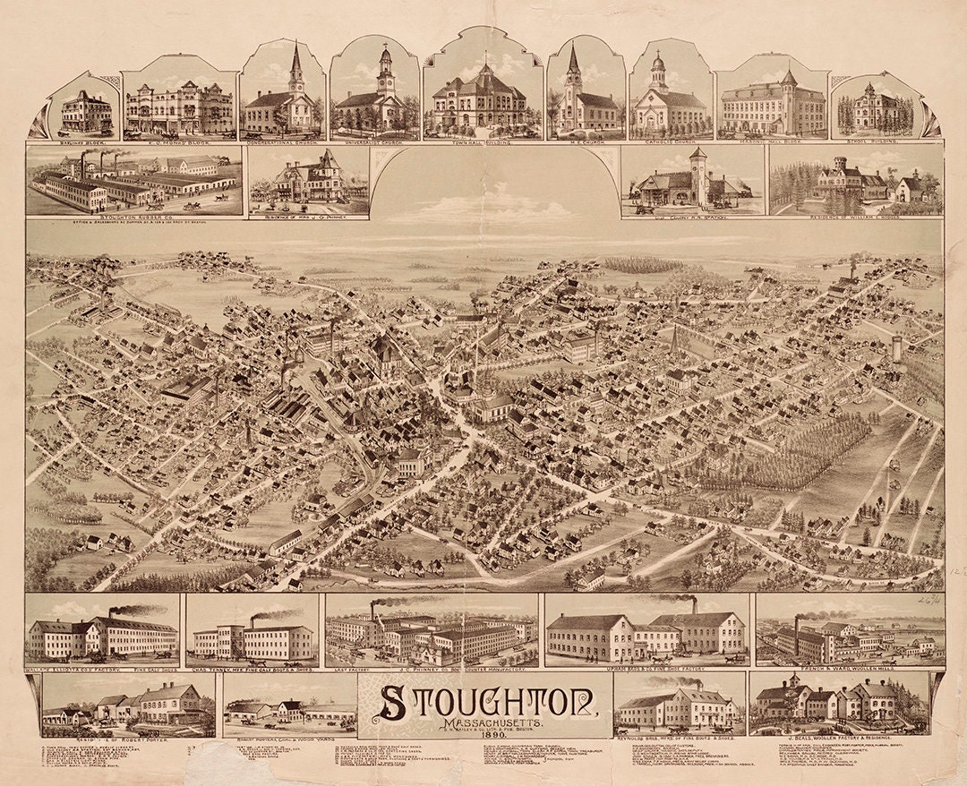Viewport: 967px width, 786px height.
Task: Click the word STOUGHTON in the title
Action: (485, 702)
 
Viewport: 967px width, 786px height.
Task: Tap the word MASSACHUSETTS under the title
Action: (484, 726)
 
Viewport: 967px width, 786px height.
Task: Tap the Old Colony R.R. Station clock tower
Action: (698, 175)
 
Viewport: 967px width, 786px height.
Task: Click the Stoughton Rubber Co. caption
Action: (134, 217)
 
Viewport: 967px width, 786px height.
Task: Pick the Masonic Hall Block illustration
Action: (772, 106)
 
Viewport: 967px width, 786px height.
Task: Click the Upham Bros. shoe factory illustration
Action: (646, 633)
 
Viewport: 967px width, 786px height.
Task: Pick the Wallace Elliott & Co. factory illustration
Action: (102, 636)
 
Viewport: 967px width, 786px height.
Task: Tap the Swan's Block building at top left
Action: (87, 113)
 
